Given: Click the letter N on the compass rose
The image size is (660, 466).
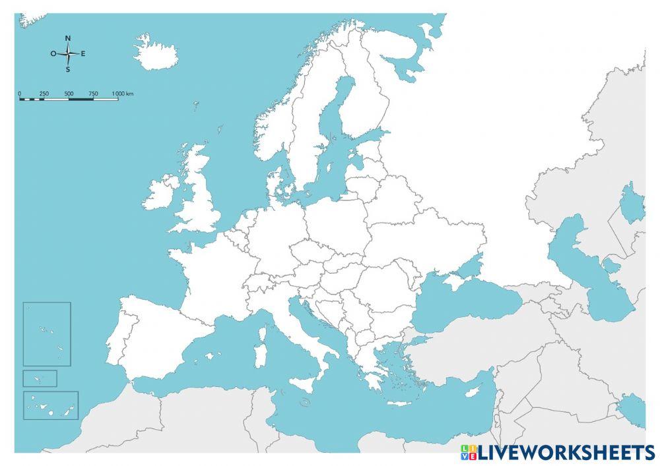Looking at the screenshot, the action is [68, 38].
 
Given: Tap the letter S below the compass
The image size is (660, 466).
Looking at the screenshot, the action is [68, 69].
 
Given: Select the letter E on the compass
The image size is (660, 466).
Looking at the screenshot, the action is [83, 54].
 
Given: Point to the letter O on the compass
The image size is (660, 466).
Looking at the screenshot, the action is [53, 54].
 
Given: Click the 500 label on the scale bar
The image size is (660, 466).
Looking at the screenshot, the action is [69, 94].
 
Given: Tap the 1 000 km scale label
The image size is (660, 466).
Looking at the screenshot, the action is [123, 94].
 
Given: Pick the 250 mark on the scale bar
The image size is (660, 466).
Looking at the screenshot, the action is [44, 94].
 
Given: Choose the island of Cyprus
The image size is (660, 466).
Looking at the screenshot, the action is [472, 392].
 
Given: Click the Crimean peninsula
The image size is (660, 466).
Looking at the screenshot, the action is [455, 281].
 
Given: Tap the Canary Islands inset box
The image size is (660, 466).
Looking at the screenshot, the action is [51, 405].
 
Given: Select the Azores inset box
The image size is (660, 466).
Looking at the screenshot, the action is [47, 334].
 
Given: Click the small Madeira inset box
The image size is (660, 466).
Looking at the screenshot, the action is [40, 378].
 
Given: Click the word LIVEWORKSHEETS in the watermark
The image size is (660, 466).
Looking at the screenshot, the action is [566, 453].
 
